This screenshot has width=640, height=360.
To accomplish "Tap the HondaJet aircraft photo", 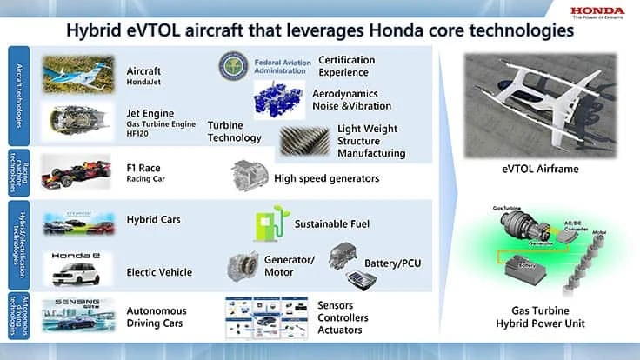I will click(79, 74).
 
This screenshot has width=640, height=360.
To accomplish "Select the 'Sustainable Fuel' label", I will click(332, 223).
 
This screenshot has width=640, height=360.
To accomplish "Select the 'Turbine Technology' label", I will click(235, 131).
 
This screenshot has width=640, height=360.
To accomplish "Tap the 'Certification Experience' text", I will click(346, 67).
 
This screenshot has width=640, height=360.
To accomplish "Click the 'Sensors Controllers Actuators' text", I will click(340, 317).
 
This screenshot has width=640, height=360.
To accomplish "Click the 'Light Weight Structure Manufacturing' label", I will click(371, 141).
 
